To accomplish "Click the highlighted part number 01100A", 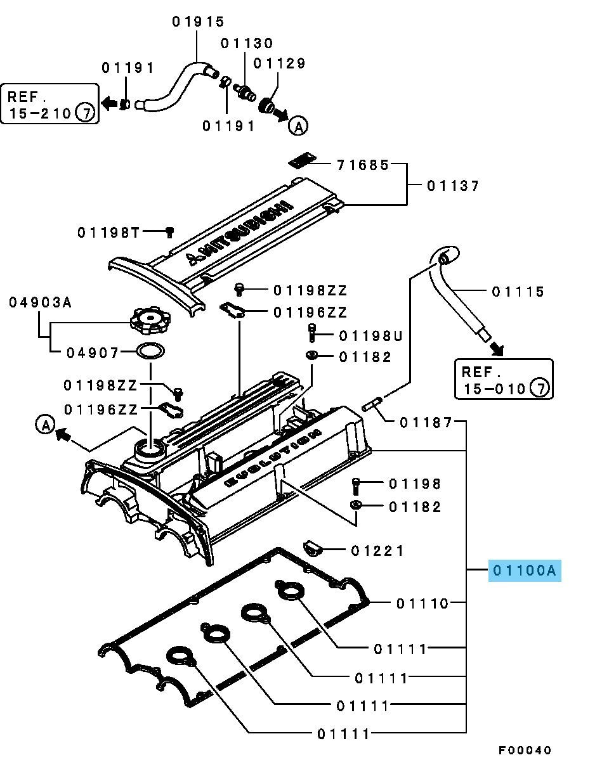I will [525, 570].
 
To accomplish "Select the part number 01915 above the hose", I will [198, 22].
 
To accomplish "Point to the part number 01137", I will [452, 186].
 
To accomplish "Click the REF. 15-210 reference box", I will [50, 104].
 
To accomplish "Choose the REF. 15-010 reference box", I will [504, 379].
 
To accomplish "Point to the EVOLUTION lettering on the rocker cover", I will [273, 457].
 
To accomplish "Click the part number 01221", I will [377, 551].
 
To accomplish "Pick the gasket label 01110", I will [422, 603].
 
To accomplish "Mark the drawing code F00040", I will [524, 750].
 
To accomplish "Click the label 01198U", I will [370, 335].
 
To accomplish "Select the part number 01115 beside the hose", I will [518, 292].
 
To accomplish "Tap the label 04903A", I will [40, 302].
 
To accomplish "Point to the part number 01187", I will [426, 422].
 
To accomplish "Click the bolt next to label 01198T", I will [169, 232].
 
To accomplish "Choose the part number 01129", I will [279, 63].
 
